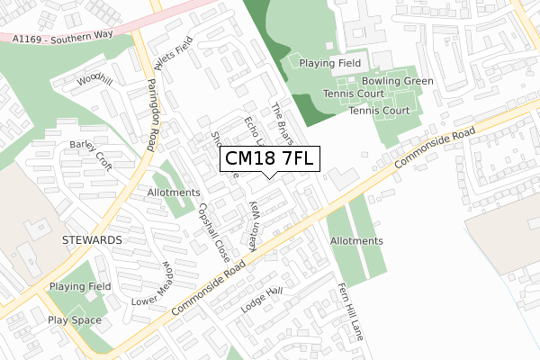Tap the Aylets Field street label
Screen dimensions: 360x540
pyautogui.click(x=174, y=65)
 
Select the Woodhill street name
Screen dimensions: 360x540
pyautogui.click(x=94, y=79)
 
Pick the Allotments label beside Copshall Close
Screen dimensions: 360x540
pyautogui.click(x=173, y=193)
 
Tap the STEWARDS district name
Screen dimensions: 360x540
pyautogui.click(x=92, y=241)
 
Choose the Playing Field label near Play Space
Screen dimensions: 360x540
pyautogui.click(x=80, y=286)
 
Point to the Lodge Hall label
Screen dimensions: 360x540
pyautogui.click(x=262, y=300)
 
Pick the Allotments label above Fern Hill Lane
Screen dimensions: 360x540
pyautogui.click(x=356, y=241)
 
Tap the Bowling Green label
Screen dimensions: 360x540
pyautogui.click(x=400, y=81)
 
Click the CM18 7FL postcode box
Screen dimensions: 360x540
pyautogui.click(x=269, y=159)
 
